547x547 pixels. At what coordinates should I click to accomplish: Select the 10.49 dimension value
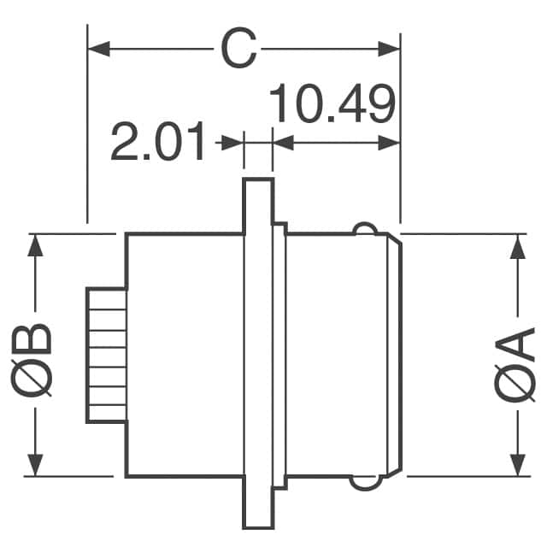coord(333,105)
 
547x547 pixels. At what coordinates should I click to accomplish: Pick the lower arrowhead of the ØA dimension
coord(516,466)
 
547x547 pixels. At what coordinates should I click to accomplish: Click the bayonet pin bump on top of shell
coord(365,228)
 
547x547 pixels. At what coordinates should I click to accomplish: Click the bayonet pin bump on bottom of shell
coord(365,484)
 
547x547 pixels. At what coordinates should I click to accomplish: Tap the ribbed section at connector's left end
coord(106,355)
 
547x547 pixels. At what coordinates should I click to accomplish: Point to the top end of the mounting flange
coord(257,188)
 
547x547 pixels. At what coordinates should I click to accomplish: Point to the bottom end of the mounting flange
coord(257,520)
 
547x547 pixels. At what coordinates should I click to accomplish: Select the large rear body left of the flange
coord(185,355)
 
